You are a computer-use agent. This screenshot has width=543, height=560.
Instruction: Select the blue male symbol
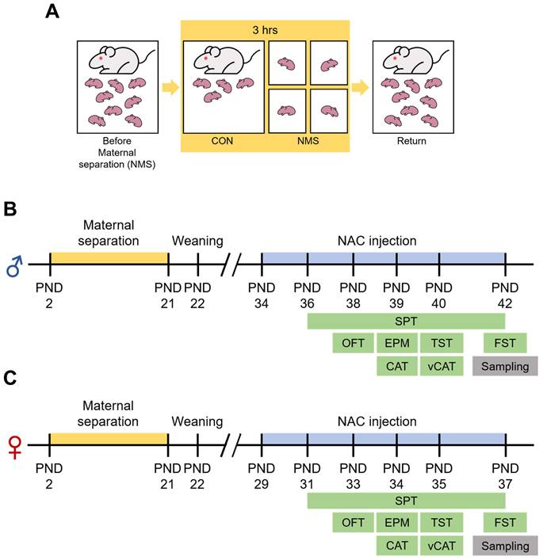click(x=15, y=269)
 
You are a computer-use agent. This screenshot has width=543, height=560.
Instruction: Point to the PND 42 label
click(x=504, y=292)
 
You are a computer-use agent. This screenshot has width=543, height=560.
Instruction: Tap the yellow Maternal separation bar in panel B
click(x=109, y=258)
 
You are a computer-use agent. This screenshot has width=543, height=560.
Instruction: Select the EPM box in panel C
click(x=396, y=523)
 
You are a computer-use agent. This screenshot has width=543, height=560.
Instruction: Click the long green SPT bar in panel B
click(x=405, y=320)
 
